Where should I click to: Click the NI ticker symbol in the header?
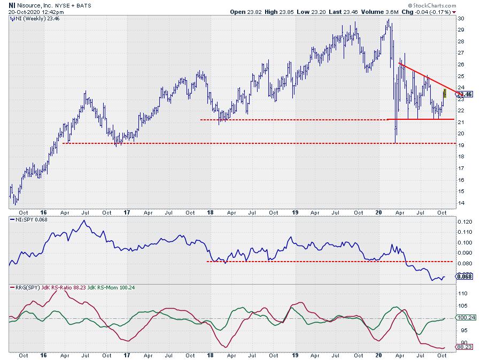click(12, 4)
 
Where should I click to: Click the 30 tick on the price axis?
click(461, 18)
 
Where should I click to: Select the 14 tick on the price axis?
click(461, 203)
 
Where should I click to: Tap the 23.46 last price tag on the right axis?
click(465, 94)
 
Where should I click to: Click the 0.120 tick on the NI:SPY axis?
click(464, 221)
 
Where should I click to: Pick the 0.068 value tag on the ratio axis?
click(464, 277)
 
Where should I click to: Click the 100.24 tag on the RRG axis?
click(465, 317)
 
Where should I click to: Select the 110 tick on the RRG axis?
click(462, 293)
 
